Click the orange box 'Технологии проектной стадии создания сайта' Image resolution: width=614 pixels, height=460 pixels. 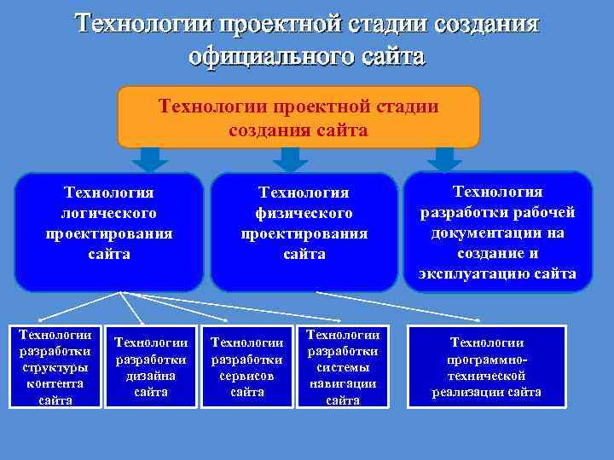coord(298,118)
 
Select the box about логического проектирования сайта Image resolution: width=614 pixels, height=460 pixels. coord(109,232)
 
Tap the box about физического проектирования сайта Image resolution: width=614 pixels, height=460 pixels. coord(304,232)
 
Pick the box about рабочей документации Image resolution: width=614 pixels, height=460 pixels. coord(497,232)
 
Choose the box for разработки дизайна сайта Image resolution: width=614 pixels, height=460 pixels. coord(151,366)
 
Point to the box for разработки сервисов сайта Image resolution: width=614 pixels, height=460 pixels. coord(246,366)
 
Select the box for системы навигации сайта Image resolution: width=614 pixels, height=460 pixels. coord(342,366)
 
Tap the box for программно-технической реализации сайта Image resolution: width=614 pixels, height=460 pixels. coord(487,366)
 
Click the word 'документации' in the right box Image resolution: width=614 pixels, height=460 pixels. coord(497,233)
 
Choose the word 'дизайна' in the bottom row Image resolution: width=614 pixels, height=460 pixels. coord(151,376)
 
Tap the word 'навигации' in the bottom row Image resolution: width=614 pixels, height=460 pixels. coord(342,383)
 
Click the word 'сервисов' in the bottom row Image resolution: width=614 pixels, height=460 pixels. coord(246,376)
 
